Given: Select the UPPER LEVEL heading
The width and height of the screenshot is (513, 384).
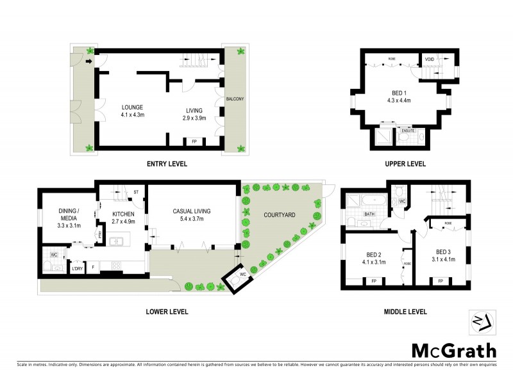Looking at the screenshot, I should coord(405,164).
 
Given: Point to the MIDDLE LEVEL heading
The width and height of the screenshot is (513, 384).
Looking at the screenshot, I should coord(405,312).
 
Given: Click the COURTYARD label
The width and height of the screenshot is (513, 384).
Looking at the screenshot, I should coord(279,215).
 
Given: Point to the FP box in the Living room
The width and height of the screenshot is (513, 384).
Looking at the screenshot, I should coord(194,141).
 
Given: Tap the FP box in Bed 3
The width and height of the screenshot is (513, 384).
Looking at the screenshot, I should coord(441,280).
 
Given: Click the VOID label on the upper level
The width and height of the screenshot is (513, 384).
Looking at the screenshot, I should coord(429,61).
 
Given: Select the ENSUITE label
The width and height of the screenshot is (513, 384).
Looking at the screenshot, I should coord(408,130).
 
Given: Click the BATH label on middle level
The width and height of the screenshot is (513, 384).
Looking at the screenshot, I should coord(369,214).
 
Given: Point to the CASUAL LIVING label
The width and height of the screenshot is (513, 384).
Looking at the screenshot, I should coord(192,211).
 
